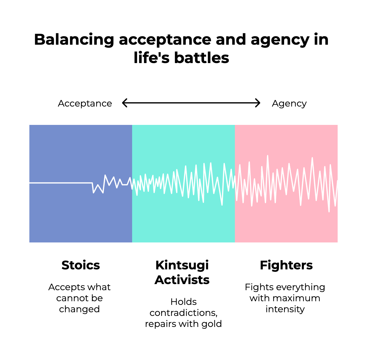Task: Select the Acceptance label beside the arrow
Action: coord(85,103)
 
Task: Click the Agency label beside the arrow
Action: coord(289,103)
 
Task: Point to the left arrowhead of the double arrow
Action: coord(124,103)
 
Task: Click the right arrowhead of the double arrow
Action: coord(258,103)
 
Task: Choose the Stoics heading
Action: coord(80,265)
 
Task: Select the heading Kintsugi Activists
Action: coord(182,272)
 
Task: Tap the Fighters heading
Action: coord(286,265)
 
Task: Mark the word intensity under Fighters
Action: coord(285,309)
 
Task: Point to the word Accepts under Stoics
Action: coord(63,287)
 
